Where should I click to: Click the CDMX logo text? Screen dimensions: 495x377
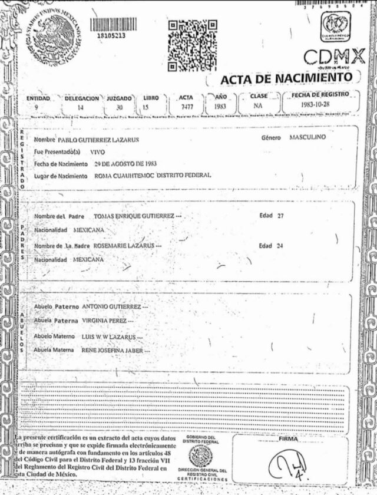click(334, 57)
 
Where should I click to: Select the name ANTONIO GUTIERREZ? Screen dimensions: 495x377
click(111, 308)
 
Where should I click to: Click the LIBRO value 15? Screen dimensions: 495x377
click(145, 108)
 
